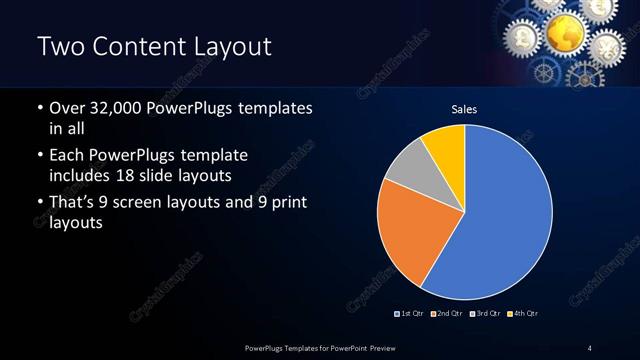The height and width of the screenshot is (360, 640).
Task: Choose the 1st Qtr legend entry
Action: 410,314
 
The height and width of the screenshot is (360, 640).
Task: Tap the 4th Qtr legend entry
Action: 522,314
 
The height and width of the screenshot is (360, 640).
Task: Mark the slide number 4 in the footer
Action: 589,347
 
